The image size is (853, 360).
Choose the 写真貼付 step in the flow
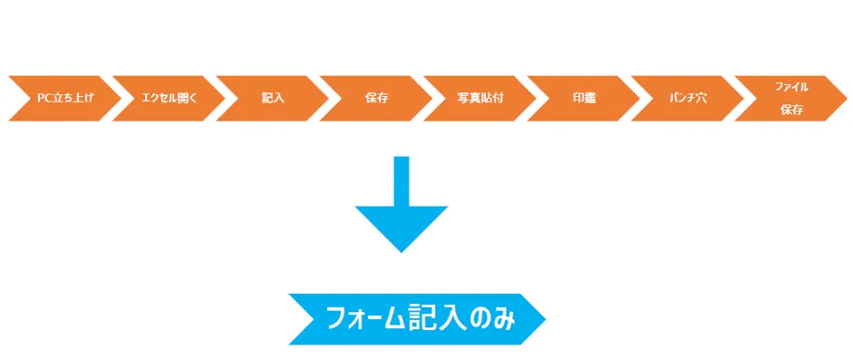click(480, 98)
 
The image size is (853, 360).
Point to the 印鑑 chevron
click(584, 98)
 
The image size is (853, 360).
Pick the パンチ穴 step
click(687, 98)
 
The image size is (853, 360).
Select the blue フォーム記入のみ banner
click(417, 319)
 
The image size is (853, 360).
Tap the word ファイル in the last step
click(791, 87)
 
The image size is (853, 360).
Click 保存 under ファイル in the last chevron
click(791, 110)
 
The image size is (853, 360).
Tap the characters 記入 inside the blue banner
click(435, 319)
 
